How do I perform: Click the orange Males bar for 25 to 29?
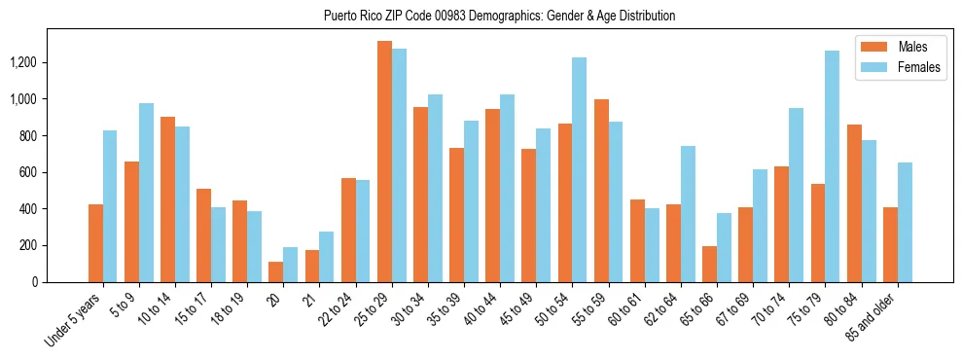pyautogui.click(x=384, y=162)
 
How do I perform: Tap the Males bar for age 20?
pyautogui.click(x=276, y=271)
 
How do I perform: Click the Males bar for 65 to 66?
pyautogui.click(x=709, y=264)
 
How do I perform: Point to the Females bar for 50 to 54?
pyautogui.click(x=579, y=169)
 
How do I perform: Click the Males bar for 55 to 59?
pyautogui.click(x=601, y=191)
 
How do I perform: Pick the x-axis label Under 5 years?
pyautogui.click(x=74, y=320)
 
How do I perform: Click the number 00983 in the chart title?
pyautogui.click(x=447, y=16)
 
